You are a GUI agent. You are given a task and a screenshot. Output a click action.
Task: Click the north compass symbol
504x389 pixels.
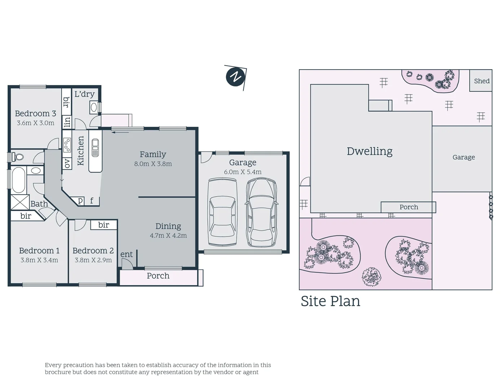click(235, 77)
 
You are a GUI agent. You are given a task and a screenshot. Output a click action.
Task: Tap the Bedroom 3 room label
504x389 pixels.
click(35, 113)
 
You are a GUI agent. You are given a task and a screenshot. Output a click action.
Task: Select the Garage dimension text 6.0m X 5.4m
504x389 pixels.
click(243, 172)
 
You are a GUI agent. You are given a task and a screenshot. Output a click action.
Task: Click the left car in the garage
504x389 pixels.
click(222, 213)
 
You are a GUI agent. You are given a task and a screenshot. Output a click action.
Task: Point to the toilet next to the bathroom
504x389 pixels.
click(17, 157)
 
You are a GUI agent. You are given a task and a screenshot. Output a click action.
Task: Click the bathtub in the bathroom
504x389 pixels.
click(18, 180)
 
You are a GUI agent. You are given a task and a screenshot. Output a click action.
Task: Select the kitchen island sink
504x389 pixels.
click(95, 148)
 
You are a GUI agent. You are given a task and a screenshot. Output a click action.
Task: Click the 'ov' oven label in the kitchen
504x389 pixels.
click(67, 164)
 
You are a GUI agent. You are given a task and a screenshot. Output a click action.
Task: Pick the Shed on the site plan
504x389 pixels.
click(481, 81)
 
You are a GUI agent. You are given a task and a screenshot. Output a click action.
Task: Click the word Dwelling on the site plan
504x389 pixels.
click(370, 151)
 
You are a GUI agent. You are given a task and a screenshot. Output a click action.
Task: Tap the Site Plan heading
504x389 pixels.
click(330, 301)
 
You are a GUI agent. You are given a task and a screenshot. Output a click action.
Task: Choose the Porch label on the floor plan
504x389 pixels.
click(158, 276)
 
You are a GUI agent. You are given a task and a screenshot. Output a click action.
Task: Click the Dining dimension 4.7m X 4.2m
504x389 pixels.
click(168, 236)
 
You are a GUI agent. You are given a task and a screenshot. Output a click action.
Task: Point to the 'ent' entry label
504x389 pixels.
click(127, 254)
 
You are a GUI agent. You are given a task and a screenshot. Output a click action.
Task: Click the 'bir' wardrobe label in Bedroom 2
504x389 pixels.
click(103, 225)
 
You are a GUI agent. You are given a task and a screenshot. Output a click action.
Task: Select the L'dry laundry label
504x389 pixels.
click(84, 94)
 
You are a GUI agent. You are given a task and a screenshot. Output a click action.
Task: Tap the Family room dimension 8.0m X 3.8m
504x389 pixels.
click(153, 164)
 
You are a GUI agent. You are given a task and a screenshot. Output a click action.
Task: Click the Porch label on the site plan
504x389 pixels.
click(408, 207)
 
